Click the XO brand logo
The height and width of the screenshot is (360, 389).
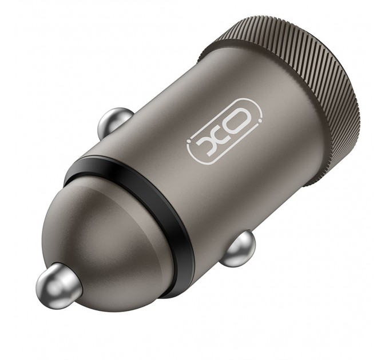point(225,133)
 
